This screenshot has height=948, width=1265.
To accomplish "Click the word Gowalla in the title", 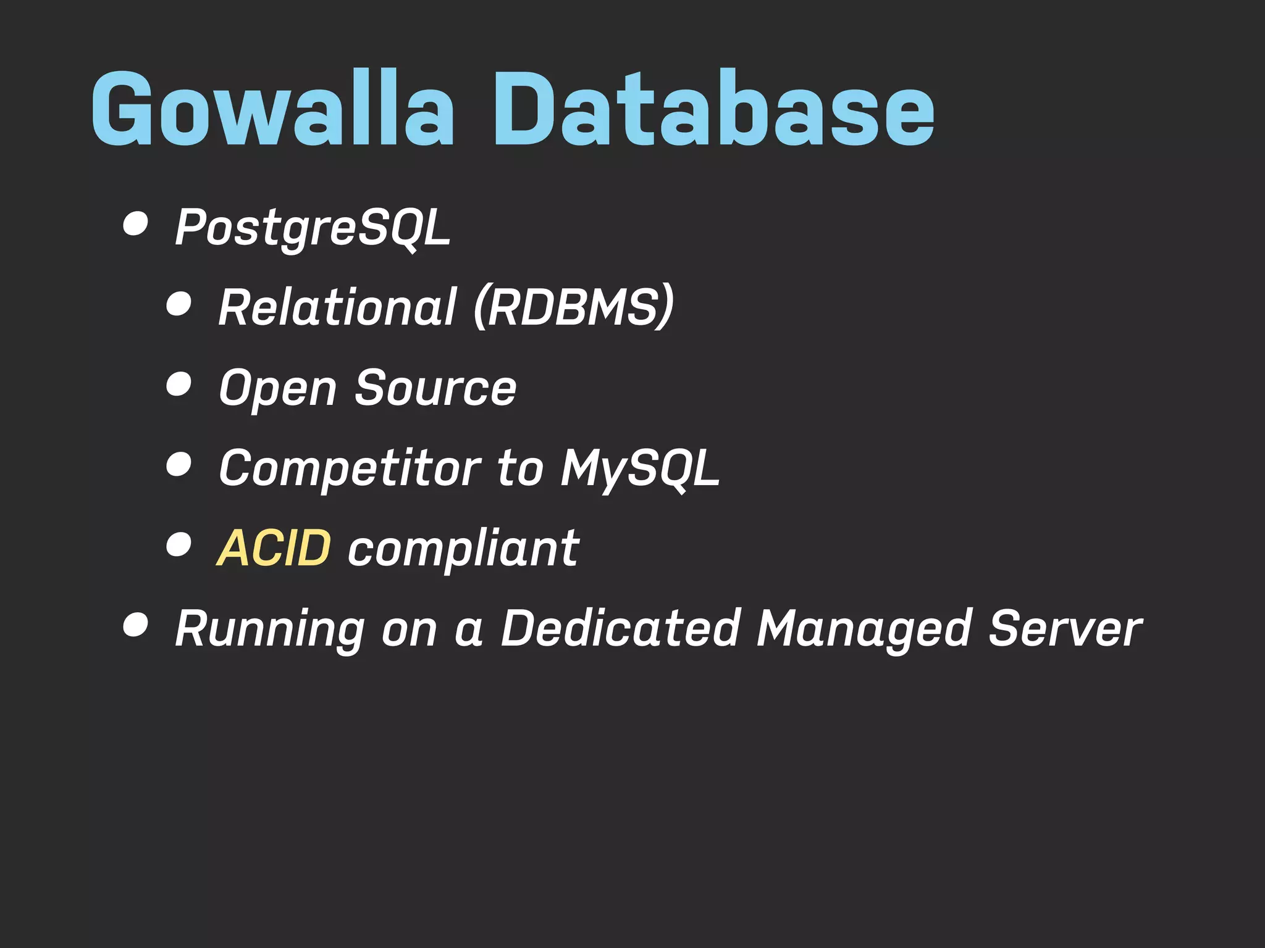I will click(272, 110).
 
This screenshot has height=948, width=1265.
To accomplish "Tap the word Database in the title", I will click(713, 110).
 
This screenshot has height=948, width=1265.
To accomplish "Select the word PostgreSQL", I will click(313, 228).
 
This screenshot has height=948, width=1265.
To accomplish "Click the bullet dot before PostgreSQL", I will click(135, 223).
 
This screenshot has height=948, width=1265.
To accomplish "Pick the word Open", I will click(278, 389).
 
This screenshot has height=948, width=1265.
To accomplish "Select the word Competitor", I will click(350, 468).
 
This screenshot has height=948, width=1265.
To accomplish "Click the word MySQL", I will click(640, 468).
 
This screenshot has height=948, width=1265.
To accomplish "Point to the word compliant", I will click(463, 549).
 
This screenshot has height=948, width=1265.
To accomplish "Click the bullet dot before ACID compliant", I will click(179, 545).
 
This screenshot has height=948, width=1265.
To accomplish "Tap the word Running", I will click(269, 630).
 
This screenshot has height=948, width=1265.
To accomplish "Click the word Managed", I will click(864, 630).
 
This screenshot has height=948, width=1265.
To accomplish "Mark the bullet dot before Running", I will click(135, 625).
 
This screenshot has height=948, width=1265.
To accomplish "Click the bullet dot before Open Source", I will click(179, 384).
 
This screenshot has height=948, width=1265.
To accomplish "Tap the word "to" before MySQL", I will click(520, 468).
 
